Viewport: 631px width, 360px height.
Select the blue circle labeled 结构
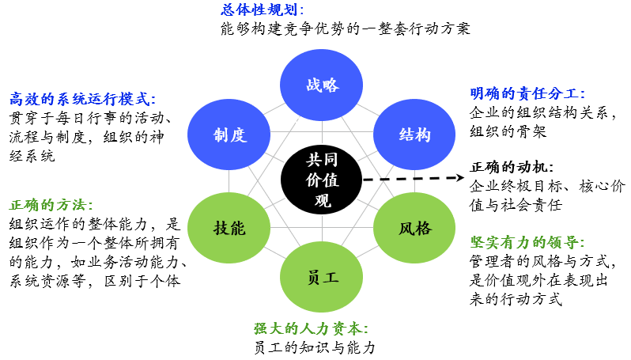(x=414, y=135)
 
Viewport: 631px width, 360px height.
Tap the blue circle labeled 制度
(x=229, y=135)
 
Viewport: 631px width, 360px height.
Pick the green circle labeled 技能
(x=229, y=229)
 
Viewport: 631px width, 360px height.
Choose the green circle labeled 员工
(x=320, y=277)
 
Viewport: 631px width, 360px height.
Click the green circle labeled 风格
(x=414, y=229)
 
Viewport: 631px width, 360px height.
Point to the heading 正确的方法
(x=51, y=204)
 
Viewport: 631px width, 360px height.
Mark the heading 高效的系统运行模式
(x=83, y=100)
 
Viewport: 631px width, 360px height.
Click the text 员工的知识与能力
(x=315, y=347)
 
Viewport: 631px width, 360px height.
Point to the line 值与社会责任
(x=516, y=206)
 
